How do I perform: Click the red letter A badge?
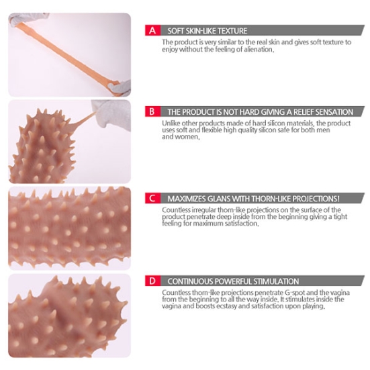152,30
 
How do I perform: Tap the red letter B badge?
152,111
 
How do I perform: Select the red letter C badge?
152,198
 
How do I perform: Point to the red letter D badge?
152,281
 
